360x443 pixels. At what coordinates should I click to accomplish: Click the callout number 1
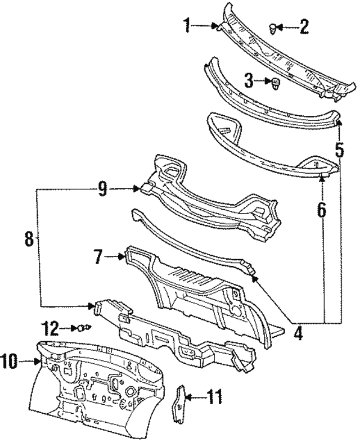[187, 25]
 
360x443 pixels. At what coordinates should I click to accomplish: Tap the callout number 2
[304, 26]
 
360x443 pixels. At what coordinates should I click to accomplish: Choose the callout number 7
[98, 257]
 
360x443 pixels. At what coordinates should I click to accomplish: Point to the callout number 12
[52, 327]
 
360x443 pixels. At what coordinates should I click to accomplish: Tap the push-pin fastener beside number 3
[276, 84]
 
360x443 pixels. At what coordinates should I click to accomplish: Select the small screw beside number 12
[85, 327]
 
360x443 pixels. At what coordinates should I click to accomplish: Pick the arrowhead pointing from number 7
[124, 257]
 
